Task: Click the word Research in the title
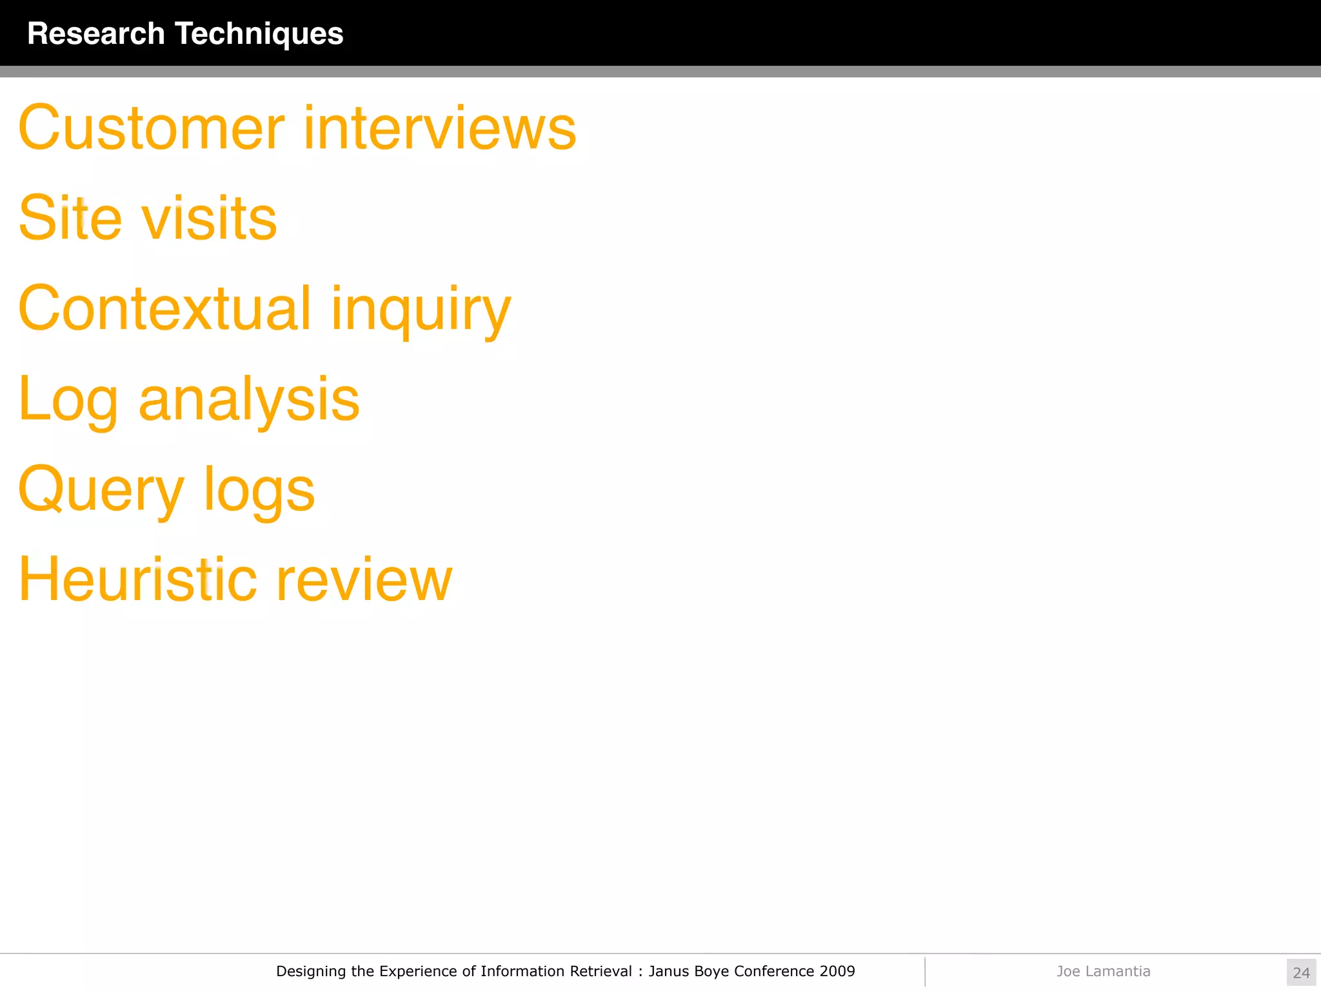pyautogui.click(x=96, y=34)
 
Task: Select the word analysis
pyautogui.click(x=249, y=401)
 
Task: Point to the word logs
pyautogui.click(x=259, y=492)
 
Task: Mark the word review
pyautogui.click(x=364, y=581)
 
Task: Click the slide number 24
pyautogui.click(x=1301, y=972)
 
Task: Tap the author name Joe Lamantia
pyautogui.click(x=1103, y=971)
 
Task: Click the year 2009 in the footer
pyautogui.click(x=837, y=971)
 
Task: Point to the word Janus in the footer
pyautogui.click(x=669, y=971)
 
